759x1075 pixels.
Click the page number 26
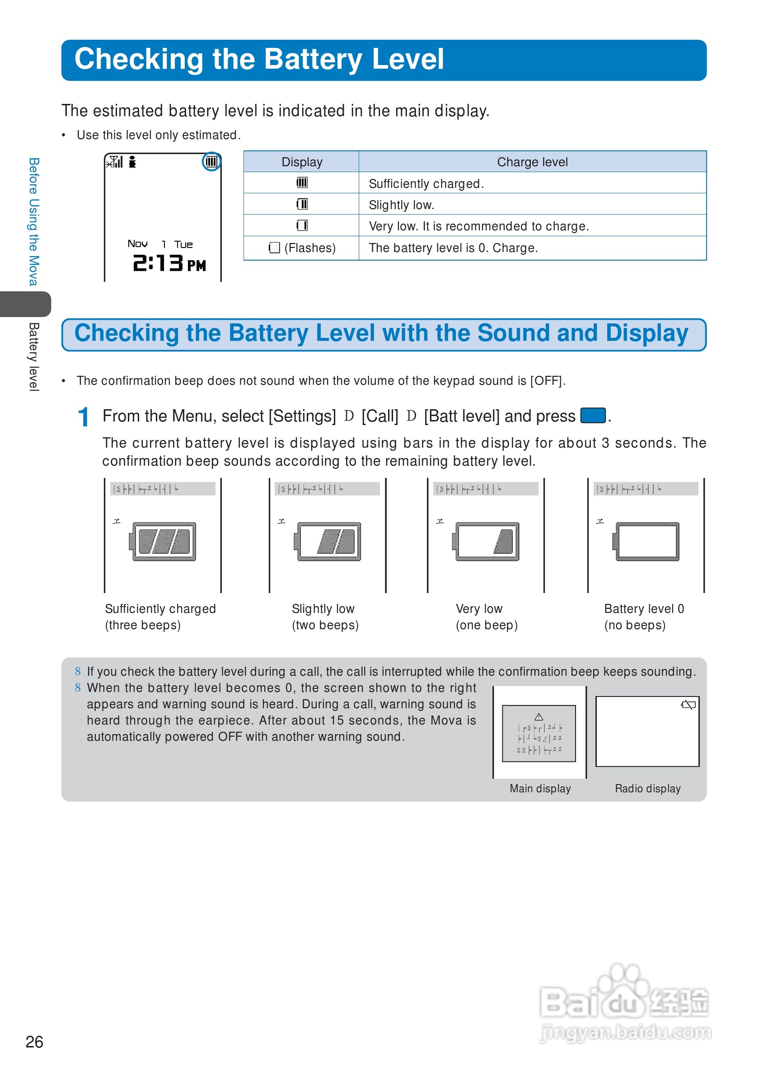(x=34, y=1041)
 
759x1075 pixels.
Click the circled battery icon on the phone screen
(x=211, y=162)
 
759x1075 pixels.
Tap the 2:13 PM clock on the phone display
(x=169, y=263)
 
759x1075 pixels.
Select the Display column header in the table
(x=301, y=162)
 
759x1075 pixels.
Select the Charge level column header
(x=532, y=162)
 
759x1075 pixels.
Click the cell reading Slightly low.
(x=401, y=205)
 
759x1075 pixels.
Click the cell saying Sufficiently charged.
(x=426, y=183)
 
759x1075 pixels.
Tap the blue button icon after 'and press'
(x=593, y=415)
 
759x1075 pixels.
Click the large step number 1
(x=83, y=417)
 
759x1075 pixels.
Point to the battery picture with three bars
(x=163, y=541)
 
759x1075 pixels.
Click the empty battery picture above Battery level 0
(x=646, y=541)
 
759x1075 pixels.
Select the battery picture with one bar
(x=487, y=541)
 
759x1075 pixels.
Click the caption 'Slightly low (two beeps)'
(x=325, y=617)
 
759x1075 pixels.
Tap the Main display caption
(x=540, y=789)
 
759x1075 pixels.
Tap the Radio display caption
(x=647, y=789)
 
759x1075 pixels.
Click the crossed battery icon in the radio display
(x=689, y=705)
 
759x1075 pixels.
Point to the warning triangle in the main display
(x=539, y=717)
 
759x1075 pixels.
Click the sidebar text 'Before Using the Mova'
(x=33, y=221)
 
